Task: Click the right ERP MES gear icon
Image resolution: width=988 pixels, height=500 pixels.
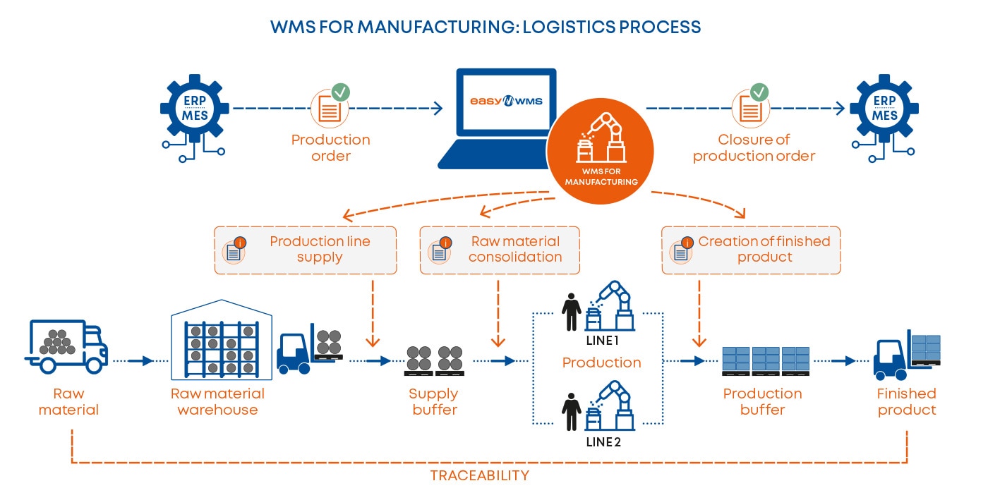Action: (x=884, y=109)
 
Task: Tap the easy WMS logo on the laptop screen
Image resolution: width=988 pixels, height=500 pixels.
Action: (x=506, y=101)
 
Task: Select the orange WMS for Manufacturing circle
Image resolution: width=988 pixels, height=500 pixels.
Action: (x=601, y=152)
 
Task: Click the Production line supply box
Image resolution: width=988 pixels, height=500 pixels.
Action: (x=305, y=250)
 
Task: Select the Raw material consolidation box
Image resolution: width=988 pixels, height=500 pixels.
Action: (x=500, y=250)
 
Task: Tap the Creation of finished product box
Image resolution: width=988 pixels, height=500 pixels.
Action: (x=751, y=250)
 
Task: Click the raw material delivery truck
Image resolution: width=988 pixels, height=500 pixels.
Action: (x=68, y=346)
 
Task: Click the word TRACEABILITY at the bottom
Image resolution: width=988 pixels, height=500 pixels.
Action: (x=479, y=475)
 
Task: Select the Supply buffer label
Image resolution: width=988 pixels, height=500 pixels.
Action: (x=434, y=401)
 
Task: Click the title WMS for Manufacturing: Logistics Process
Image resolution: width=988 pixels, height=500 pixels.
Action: (x=486, y=28)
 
